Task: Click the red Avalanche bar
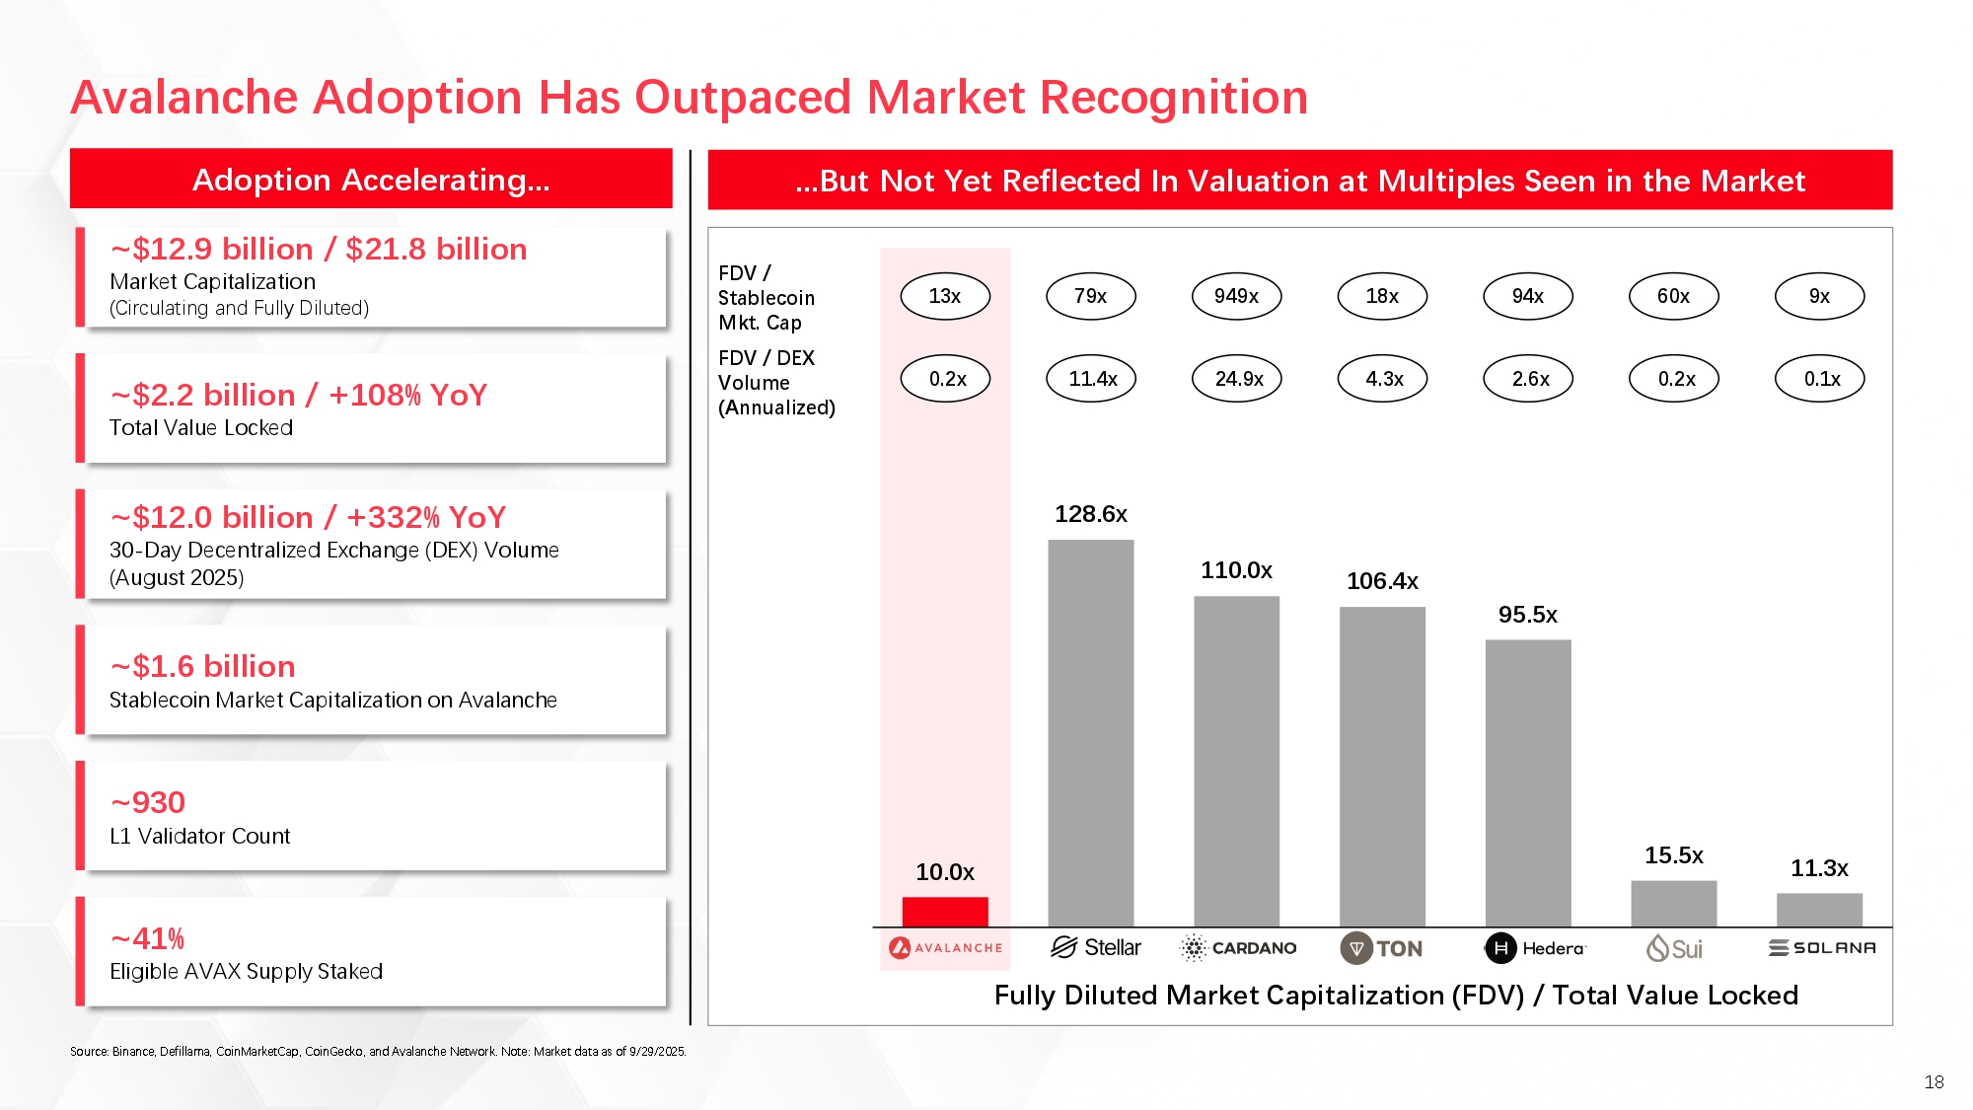[x=944, y=912]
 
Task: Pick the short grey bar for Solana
[x=1819, y=910]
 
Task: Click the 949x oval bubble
[x=1236, y=296]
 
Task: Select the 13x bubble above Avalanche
[x=944, y=296]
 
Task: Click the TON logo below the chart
[x=1381, y=948]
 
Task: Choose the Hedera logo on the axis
[x=1534, y=948]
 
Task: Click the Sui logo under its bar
[x=1674, y=948]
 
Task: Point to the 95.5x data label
[x=1527, y=615]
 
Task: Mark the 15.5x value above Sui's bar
[x=1673, y=855]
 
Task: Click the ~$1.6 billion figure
[x=202, y=667]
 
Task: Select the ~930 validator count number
[x=148, y=802]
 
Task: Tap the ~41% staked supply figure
[x=148, y=938]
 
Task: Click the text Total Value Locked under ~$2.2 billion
[x=200, y=427]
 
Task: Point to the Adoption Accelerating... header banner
[x=371, y=180]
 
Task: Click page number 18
[x=1934, y=1082]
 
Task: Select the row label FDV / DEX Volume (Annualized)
[x=776, y=383]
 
